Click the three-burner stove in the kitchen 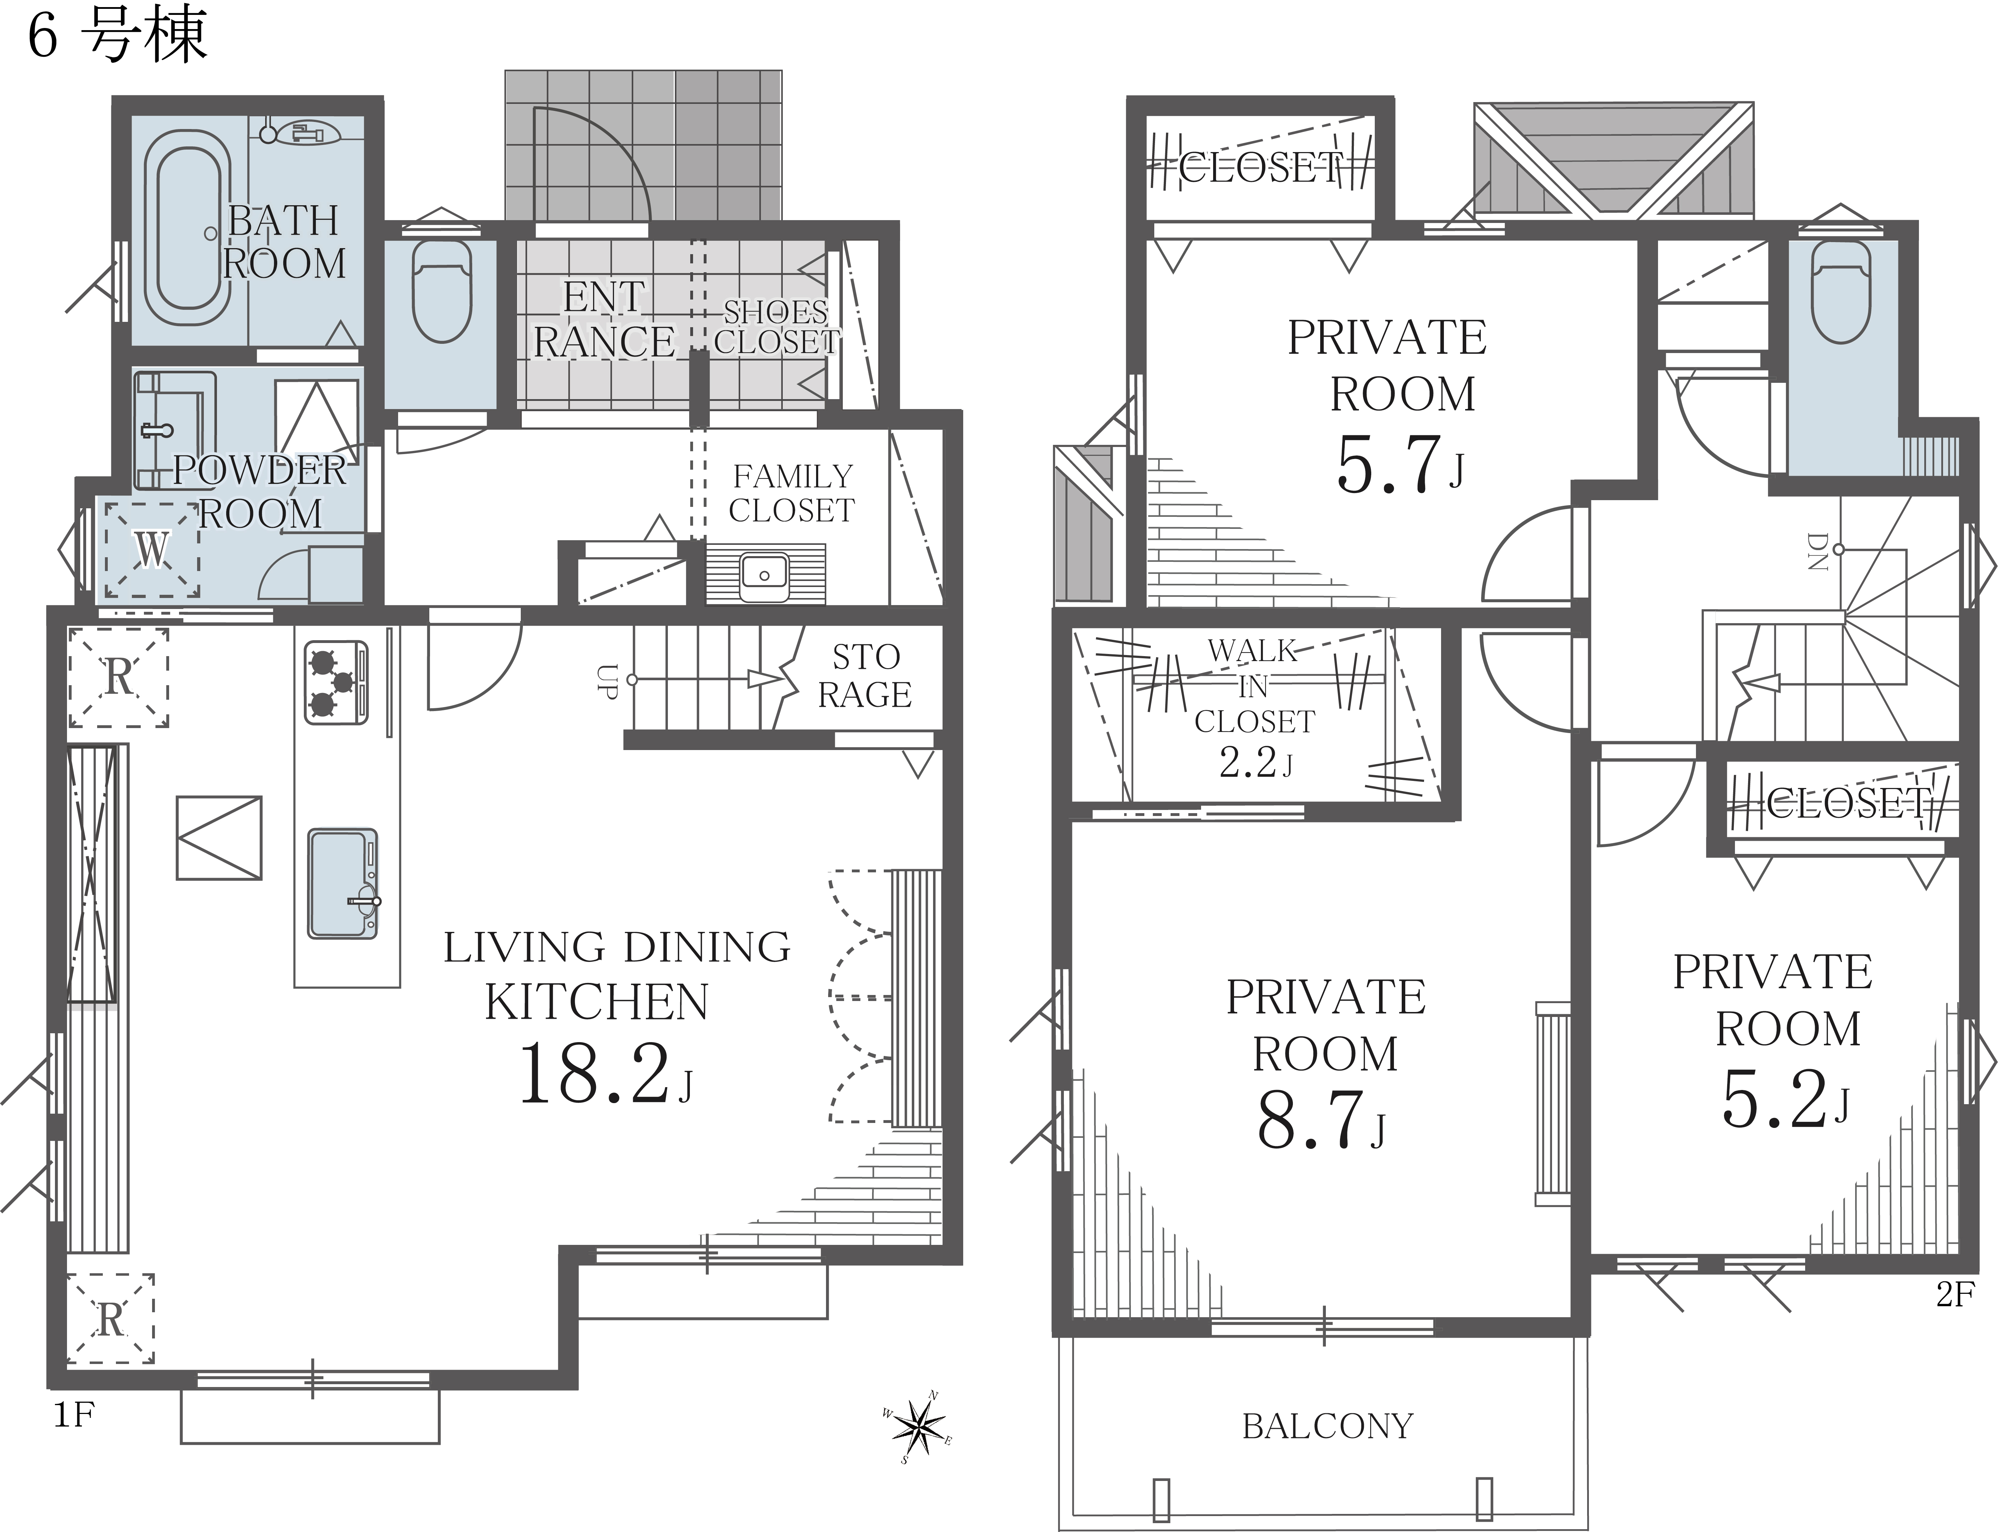click(x=336, y=683)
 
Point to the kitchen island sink click(x=343, y=884)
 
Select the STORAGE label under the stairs click(x=865, y=676)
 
